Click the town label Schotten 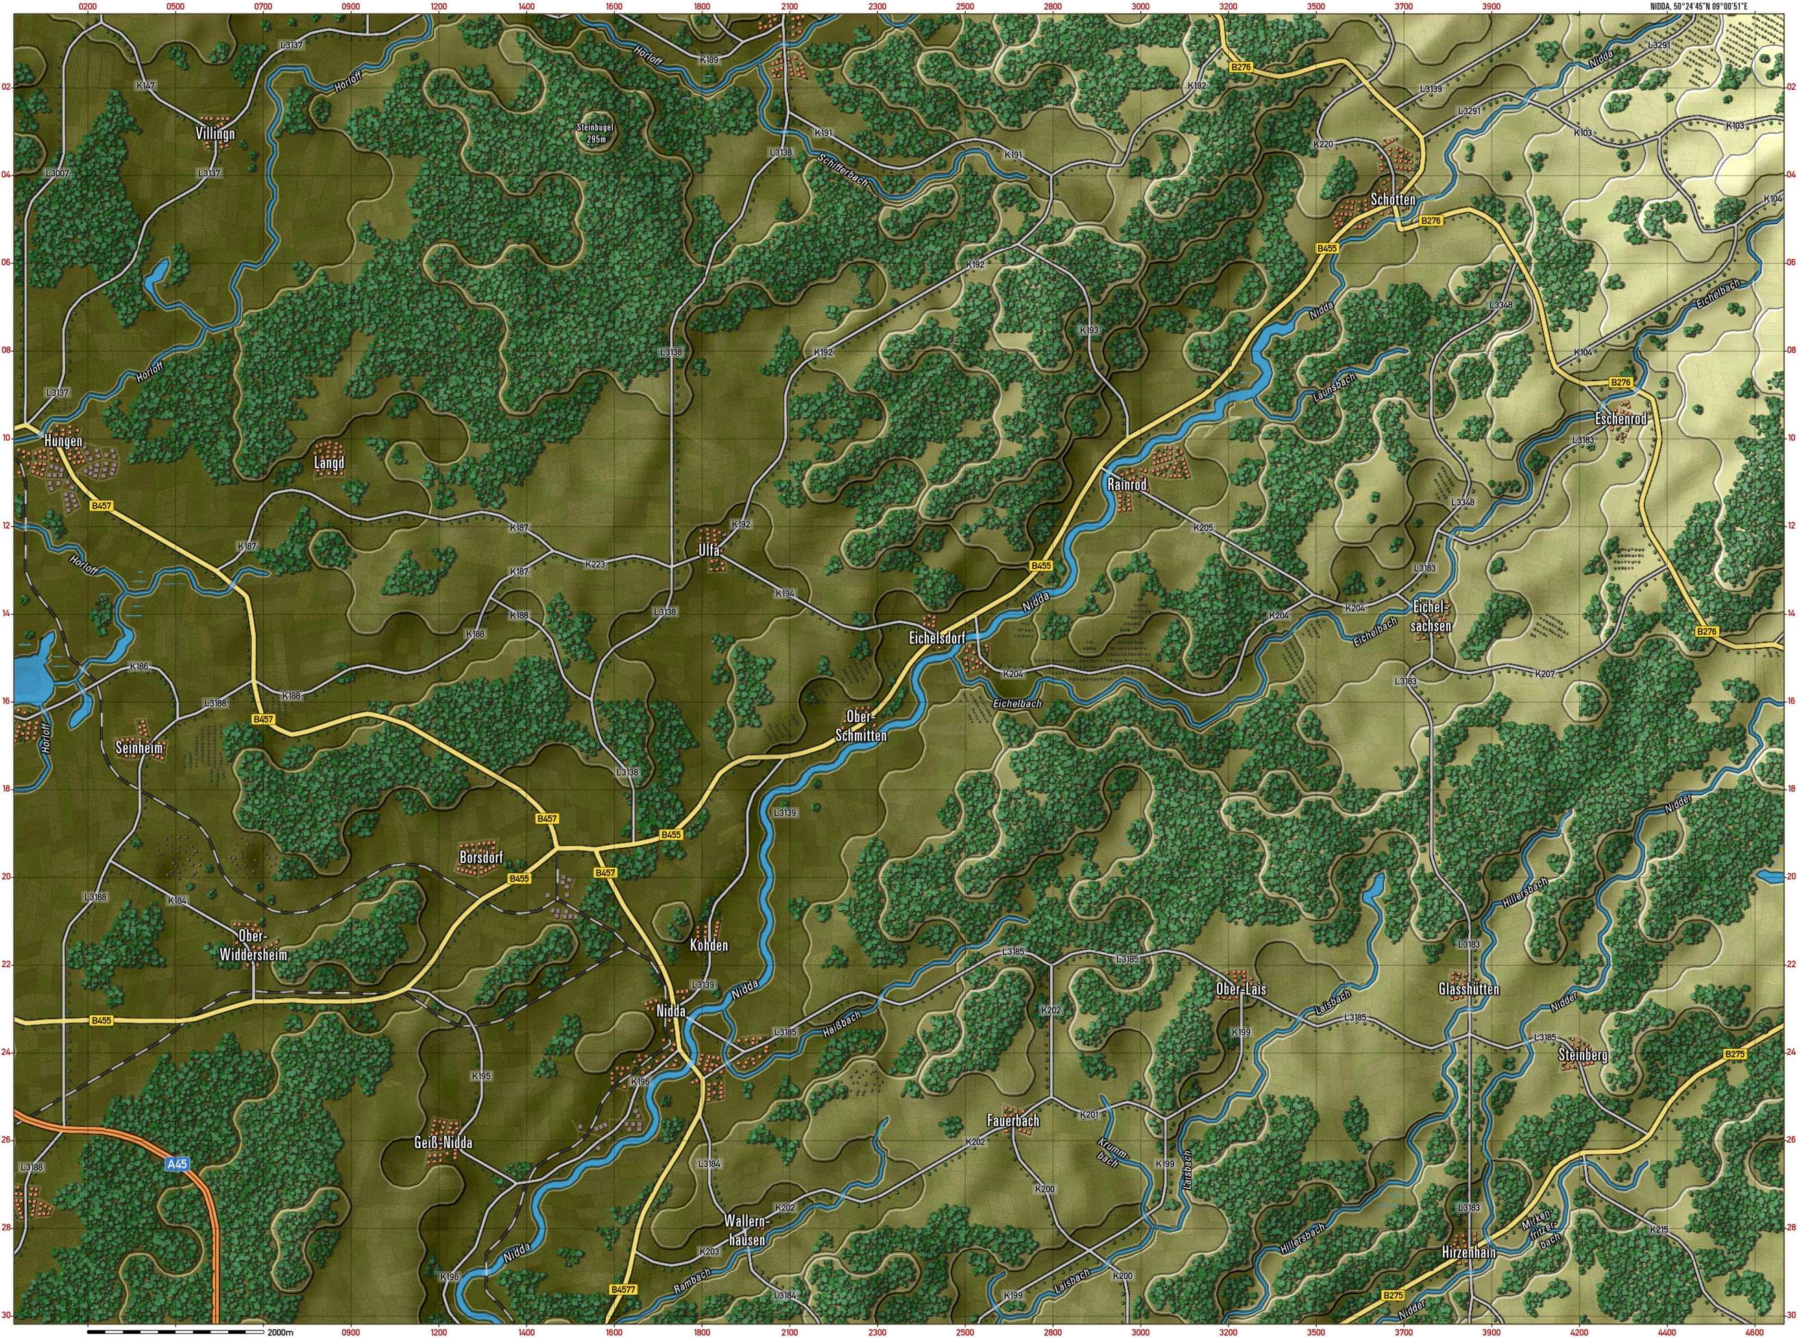[x=1393, y=199]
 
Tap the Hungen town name [x=63, y=441]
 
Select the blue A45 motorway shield [x=177, y=1165]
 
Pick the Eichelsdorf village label [x=937, y=638]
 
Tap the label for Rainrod [x=1127, y=485]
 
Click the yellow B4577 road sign [x=624, y=1289]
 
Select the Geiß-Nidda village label [x=442, y=1143]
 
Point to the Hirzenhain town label [x=1468, y=1252]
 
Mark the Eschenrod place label [x=1620, y=419]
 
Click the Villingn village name [x=215, y=134]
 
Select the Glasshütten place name [x=1468, y=989]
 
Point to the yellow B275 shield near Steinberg [x=1735, y=1054]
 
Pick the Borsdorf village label [x=481, y=857]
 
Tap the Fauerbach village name [x=1012, y=1121]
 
